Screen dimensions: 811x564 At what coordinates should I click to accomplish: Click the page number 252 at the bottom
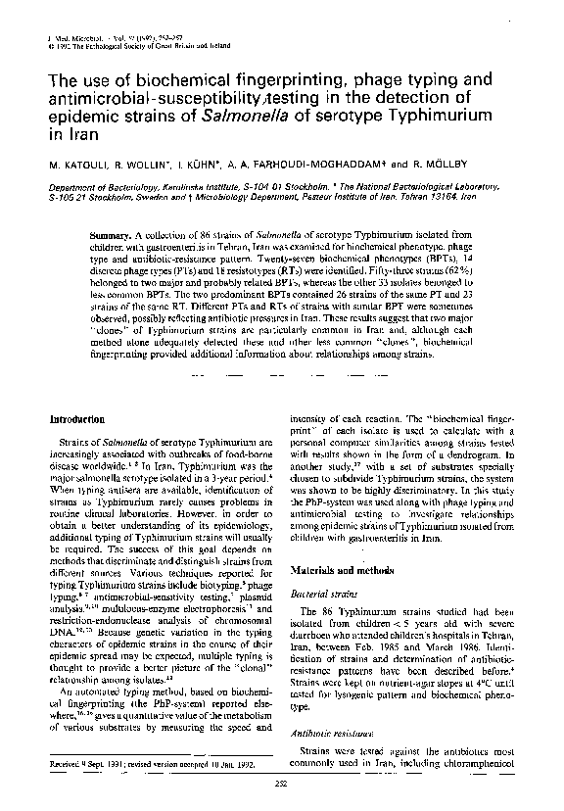[281, 783]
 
